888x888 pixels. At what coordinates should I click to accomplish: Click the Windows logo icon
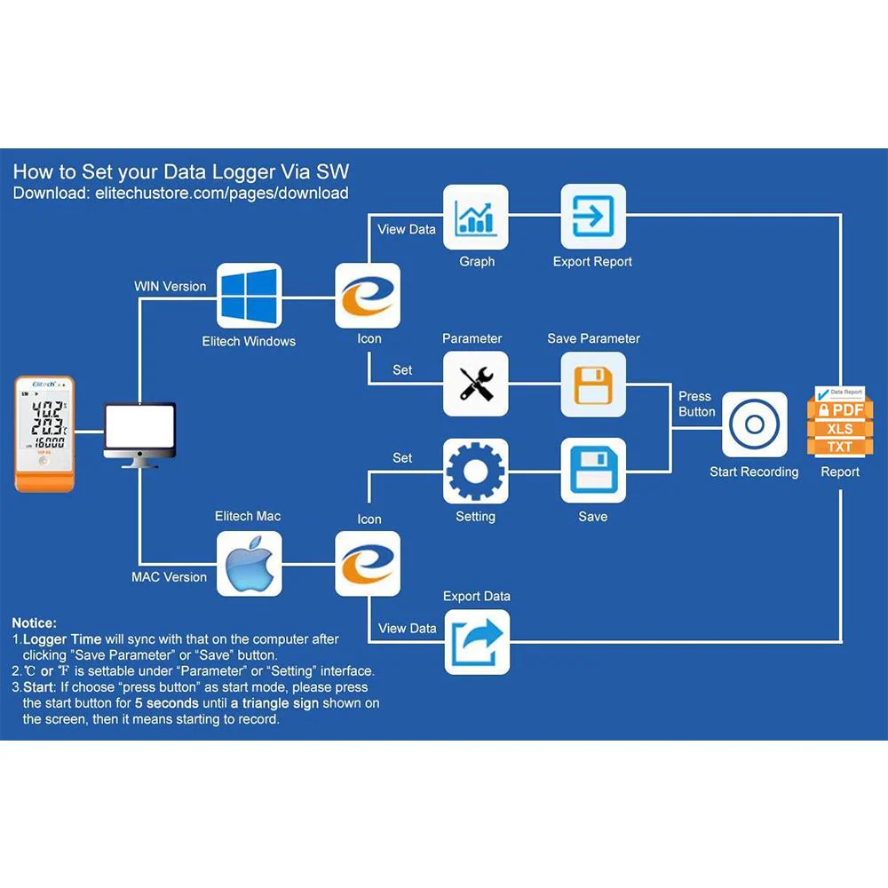click(x=250, y=296)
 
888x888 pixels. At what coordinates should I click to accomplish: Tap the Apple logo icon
click(x=250, y=563)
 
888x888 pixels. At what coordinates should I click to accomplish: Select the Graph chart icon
click(x=476, y=217)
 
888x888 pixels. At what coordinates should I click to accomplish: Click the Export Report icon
click(x=593, y=217)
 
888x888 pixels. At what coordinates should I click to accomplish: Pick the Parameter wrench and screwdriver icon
click(x=476, y=384)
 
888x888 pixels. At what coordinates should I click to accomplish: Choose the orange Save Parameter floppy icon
click(x=593, y=384)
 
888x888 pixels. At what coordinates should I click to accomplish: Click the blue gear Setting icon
click(x=476, y=471)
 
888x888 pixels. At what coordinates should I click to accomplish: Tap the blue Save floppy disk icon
click(x=593, y=471)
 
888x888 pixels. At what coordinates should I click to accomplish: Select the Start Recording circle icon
click(x=754, y=424)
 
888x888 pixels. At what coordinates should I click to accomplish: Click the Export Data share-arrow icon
click(x=477, y=641)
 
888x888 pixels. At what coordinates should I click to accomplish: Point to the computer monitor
click(x=139, y=433)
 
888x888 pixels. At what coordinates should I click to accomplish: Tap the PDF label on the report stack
click(x=840, y=410)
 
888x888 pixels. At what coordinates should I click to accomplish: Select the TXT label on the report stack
click(x=840, y=446)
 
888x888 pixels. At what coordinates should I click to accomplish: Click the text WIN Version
click(x=170, y=287)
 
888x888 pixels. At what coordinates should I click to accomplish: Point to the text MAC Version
click(x=169, y=577)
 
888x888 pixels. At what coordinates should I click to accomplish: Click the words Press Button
click(x=696, y=404)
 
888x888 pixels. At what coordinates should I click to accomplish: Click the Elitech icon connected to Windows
click(x=368, y=296)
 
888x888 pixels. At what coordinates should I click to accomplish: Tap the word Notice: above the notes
click(x=35, y=623)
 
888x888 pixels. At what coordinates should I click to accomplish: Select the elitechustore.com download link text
click(x=221, y=193)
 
